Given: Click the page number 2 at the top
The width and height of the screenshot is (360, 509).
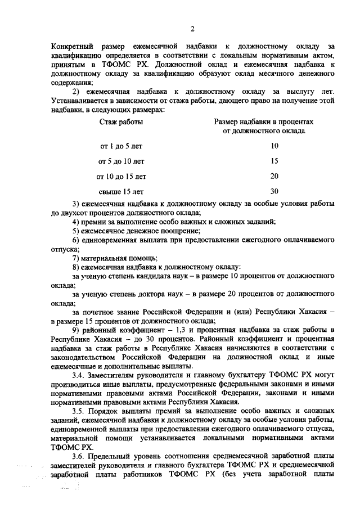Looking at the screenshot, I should point(192,29).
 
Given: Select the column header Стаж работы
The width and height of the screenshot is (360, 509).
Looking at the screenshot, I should point(121,121).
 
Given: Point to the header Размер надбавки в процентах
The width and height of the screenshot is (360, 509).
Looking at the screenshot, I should point(264,121).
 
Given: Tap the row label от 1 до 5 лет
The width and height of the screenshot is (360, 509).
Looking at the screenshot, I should point(121,146).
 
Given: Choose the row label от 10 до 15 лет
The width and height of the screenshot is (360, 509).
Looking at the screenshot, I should point(121,176).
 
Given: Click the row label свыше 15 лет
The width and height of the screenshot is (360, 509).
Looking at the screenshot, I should point(121,191).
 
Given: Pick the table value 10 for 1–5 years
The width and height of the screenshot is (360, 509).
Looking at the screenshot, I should point(274,146).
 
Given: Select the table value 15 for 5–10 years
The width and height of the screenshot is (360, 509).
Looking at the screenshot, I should point(274,161).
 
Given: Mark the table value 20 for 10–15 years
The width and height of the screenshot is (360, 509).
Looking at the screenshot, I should point(274,176).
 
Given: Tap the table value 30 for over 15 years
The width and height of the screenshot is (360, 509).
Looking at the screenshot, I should point(274,191).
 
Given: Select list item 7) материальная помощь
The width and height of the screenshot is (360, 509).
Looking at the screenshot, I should point(107,258).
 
